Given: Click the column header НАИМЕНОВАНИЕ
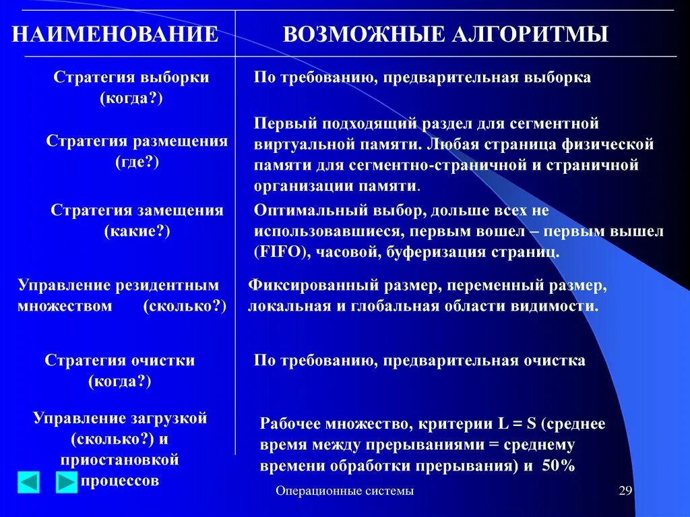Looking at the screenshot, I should [x=115, y=34].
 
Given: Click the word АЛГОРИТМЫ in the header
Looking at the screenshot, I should [x=526, y=34].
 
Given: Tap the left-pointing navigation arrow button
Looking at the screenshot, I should [x=28, y=482].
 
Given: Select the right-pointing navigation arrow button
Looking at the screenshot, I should [x=67, y=482].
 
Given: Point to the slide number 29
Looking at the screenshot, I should [x=625, y=491].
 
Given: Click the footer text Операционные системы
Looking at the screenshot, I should [x=344, y=491].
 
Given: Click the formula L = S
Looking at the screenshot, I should [x=516, y=424].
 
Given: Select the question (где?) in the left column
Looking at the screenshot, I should [x=137, y=162].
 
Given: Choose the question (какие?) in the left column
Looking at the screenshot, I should [x=137, y=231].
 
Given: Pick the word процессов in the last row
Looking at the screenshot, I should [x=120, y=481].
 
